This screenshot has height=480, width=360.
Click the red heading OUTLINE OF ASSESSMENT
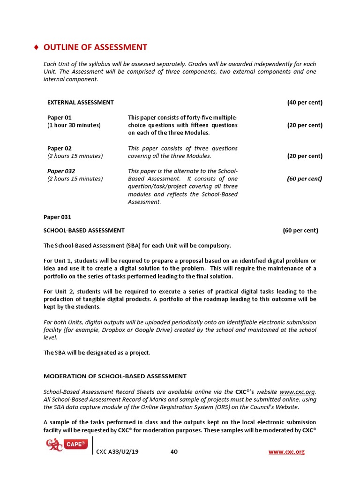click(95, 47)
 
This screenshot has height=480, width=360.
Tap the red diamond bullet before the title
click(37, 47)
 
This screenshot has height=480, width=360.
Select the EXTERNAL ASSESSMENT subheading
click(80, 102)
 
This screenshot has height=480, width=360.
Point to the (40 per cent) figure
click(304, 102)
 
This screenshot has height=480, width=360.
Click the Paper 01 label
click(60, 118)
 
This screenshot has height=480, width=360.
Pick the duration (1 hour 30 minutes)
click(74, 125)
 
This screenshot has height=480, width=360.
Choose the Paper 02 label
click(60, 148)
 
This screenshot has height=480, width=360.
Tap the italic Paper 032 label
click(61, 171)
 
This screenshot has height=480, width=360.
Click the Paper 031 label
click(57, 217)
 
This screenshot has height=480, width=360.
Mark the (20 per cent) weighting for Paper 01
click(304, 125)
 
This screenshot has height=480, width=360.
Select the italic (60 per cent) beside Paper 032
click(304, 179)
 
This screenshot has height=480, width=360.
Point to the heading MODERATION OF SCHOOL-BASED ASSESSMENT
click(115, 376)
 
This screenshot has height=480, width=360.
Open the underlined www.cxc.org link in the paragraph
click(297, 392)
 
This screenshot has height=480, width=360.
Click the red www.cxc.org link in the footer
click(286, 452)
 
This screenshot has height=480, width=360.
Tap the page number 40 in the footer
click(174, 452)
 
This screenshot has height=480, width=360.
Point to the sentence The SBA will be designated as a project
click(97, 352)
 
